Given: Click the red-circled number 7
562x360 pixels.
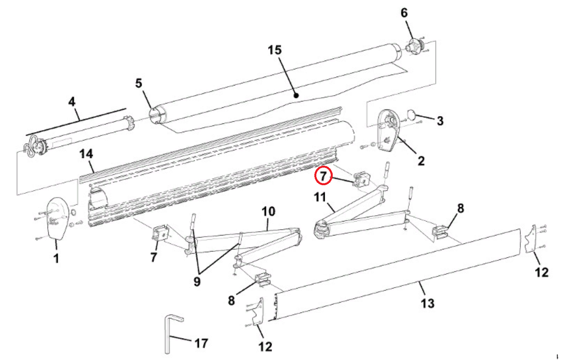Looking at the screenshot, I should (x=323, y=176).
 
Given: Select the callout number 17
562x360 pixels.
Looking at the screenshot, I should (x=201, y=343).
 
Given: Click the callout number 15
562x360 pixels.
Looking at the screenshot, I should (x=274, y=50).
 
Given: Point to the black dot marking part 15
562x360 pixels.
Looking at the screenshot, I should (x=296, y=95).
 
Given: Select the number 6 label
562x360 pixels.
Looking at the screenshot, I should (x=404, y=13).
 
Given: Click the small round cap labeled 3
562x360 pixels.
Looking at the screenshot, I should (x=411, y=115).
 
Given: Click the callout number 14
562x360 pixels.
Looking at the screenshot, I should (x=86, y=154).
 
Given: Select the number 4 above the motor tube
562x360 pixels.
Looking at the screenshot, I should (x=72, y=102).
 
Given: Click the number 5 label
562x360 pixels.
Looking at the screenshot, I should (x=139, y=83).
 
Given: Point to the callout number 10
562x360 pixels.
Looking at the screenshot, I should (x=268, y=211).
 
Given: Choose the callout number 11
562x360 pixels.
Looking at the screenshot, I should (x=320, y=197).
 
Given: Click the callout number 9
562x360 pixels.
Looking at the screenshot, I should (x=197, y=282).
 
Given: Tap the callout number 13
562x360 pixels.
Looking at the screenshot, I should (x=427, y=303).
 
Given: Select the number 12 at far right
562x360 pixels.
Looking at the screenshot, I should (x=542, y=272).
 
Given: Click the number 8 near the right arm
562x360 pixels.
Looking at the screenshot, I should (x=461, y=208).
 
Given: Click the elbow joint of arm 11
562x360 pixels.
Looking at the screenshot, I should (x=322, y=230).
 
